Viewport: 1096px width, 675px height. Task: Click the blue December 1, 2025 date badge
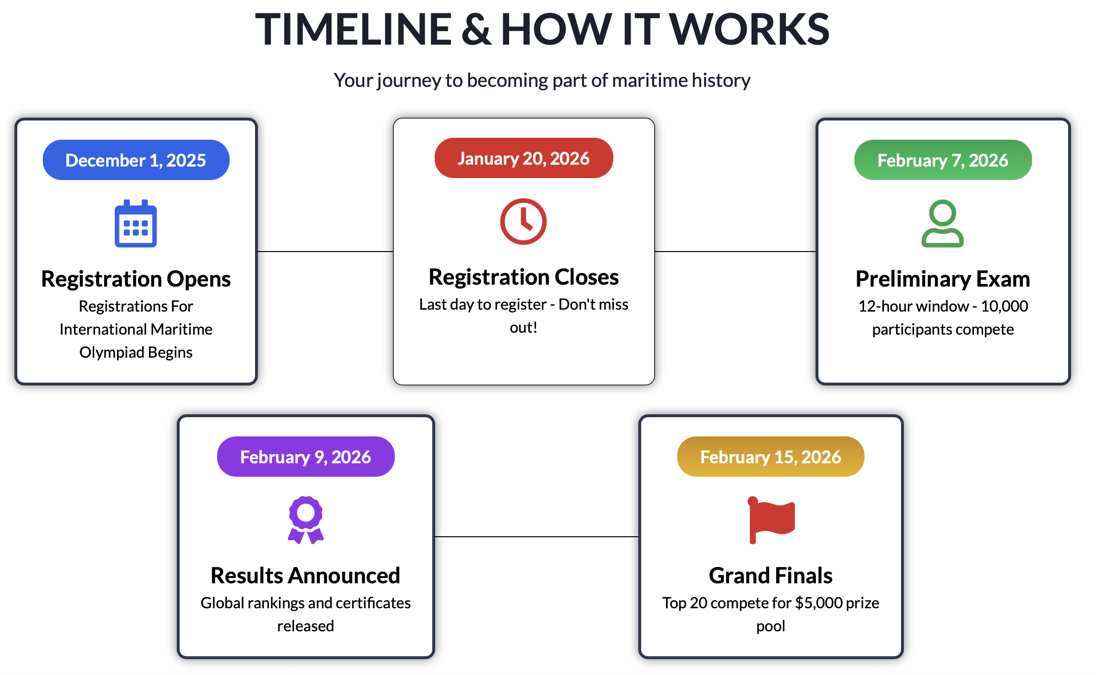click(x=136, y=160)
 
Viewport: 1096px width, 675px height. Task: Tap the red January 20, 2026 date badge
click(x=524, y=158)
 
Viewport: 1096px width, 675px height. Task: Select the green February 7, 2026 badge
click(x=943, y=160)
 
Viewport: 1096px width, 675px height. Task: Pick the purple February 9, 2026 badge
click(x=305, y=457)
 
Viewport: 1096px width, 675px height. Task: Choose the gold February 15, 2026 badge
click(x=770, y=457)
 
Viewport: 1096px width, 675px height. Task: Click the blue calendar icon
click(x=136, y=223)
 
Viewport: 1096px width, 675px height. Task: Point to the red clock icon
click(x=524, y=221)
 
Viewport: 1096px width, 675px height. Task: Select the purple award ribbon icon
click(x=305, y=520)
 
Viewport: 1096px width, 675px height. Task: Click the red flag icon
click(x=771, y=520)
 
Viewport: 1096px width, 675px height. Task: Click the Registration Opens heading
click(x=136, y=279)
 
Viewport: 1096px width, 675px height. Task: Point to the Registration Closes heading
click(x=524, y=277)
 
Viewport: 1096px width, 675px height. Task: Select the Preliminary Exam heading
click(x=943, y=279)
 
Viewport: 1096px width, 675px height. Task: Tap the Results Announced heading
click(x=305, y=576)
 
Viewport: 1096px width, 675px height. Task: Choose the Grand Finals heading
click(x=770, y=576)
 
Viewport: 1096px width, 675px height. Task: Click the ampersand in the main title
click(x=476, y=29)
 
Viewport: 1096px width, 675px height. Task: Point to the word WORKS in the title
click(x=749, y=29)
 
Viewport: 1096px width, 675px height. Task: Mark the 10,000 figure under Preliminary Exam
click(x=1004, y=306)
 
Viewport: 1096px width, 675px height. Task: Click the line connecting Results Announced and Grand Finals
click(x=536, y=537)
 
